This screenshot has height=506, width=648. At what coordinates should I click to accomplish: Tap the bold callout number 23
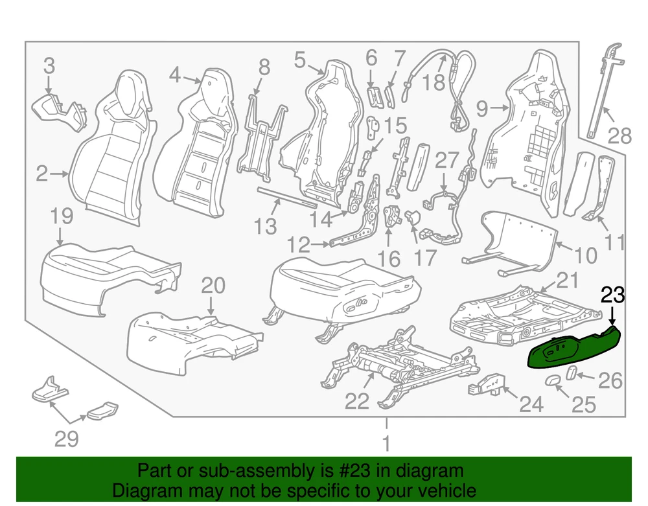tap(612, 295)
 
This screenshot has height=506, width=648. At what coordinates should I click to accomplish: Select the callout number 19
tap(62, 216)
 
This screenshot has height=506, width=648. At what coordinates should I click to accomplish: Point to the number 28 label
tap(619, 135)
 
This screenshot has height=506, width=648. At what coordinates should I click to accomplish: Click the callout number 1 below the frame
tap(386, 444)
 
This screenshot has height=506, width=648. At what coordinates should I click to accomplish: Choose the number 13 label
tap(265, 226)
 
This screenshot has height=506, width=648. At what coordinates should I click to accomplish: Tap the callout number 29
tap(67, 439)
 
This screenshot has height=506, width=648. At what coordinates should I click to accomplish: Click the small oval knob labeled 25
tap(553, 380)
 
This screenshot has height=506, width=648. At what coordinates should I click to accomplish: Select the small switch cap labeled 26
tap(572, 372)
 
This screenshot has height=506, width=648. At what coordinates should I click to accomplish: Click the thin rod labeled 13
tap(287, 197)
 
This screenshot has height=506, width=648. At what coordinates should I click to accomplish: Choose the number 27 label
tap(446, 160)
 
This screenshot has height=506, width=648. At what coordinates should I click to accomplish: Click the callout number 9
tap(482, 108)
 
